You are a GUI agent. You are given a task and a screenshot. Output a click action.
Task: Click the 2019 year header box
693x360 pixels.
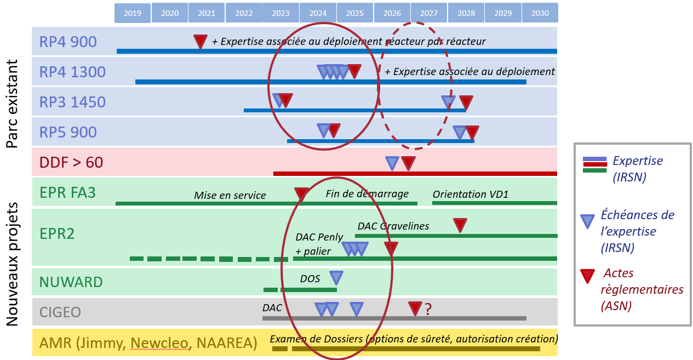tap(133, 13)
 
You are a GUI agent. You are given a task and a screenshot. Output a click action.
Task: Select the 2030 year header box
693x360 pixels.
tap(540, 13)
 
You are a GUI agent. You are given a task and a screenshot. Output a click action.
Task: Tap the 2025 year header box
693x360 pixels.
tap(354, 13)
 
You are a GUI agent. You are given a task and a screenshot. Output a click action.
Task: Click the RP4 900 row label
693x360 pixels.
tap(68, 42)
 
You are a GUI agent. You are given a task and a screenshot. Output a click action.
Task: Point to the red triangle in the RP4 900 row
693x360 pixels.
tap(201, 41)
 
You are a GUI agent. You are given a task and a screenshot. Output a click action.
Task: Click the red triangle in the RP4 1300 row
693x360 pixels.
tap(354, 71)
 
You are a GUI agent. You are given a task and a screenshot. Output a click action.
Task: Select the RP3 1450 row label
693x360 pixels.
tap(72, 102)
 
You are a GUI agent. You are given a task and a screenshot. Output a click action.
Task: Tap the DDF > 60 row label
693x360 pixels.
tap(71, 162)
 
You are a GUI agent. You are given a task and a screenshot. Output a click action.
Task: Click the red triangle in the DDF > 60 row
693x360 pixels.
tap(408, 163)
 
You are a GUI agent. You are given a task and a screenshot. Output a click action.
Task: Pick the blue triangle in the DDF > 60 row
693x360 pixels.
tap(392, 163)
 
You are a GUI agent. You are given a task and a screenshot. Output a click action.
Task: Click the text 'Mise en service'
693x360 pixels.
tap(230, 196)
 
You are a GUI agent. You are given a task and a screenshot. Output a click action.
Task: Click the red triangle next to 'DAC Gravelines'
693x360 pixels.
tap(460, 225)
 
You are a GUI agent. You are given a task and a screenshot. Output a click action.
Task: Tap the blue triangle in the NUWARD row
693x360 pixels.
tap(336, 277)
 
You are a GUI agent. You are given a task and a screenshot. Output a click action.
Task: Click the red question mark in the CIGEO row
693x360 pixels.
tap(428, 310)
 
